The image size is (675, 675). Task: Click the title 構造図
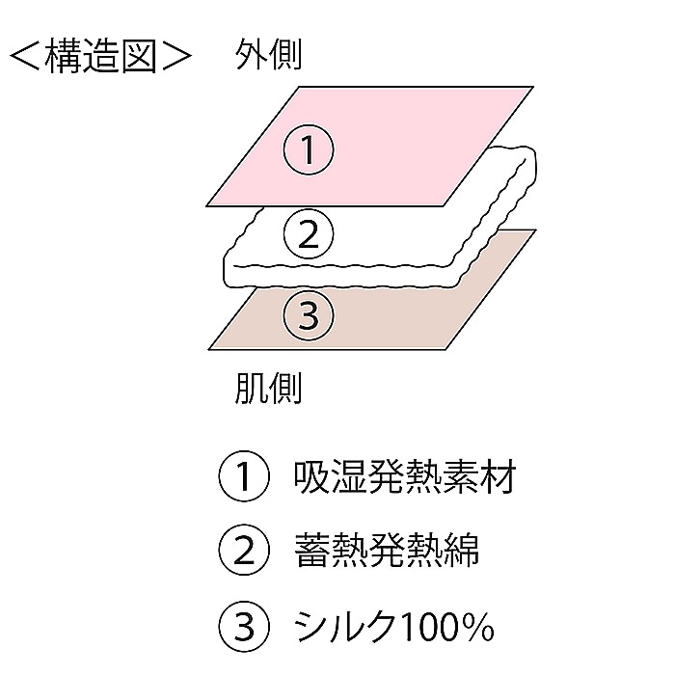point(100,56)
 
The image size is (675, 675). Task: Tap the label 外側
point(268,54)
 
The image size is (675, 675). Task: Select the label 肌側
point(268,388)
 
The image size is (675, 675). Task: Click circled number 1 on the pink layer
point(309,149)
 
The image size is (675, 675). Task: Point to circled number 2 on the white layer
point(309,234)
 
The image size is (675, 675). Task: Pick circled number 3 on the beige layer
point(309,315)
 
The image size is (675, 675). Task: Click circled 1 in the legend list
point(244,476)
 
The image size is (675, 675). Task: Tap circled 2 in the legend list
point(244,551)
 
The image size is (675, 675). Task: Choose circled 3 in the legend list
point(244,626)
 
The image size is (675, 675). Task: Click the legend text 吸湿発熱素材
point(405,476)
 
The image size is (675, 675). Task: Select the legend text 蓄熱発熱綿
point(387,551)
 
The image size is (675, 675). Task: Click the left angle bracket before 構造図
point(24,56)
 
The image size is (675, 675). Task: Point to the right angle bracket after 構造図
point(176,56)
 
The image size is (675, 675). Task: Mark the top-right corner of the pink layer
point(534,87)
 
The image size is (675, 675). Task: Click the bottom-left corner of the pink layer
point(206,206)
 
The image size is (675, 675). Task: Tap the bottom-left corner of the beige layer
point(209,349)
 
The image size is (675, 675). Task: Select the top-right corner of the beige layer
point(535,229)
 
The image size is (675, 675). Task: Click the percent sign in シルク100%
point(479,627)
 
